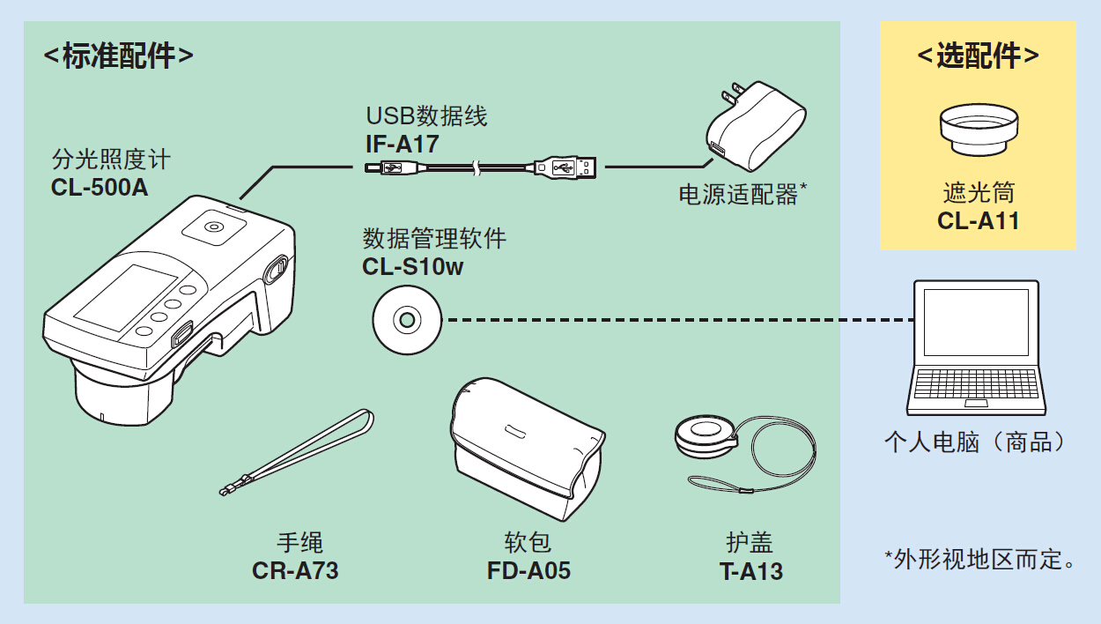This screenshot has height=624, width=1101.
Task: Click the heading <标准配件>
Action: click(x=118, y=56)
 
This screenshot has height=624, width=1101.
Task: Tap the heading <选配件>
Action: click(x=978, y=56)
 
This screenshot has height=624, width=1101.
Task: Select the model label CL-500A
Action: click(x=100, y=187)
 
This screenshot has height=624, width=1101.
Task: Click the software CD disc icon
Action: click(x=406, y=320)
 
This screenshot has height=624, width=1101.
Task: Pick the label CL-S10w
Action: click(x=412, y=265)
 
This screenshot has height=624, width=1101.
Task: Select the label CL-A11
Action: click(x=978, y=220)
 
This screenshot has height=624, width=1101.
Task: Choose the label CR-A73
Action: click(x=295, y=570)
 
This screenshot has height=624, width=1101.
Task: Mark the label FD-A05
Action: click(x=528, y=570)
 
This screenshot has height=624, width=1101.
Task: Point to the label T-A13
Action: click(x=750, y=571)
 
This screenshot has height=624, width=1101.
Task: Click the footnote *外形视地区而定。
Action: click(x=979, y=559)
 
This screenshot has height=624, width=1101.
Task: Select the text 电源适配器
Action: click(x=738, y=195)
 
